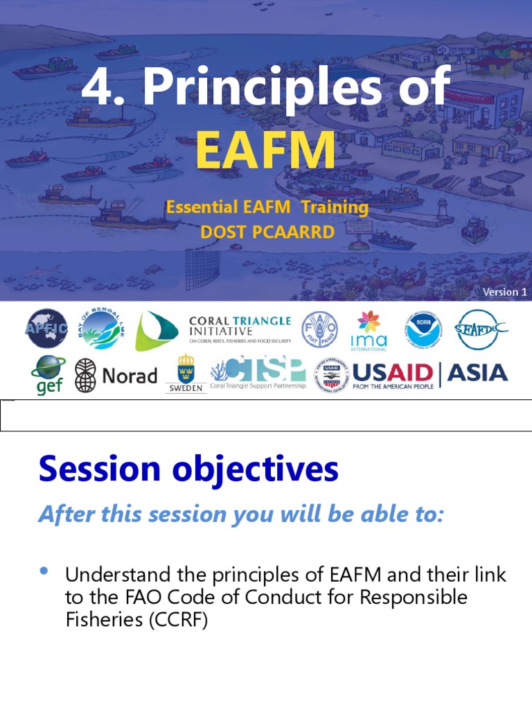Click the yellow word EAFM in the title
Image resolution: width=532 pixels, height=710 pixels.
(x=265, y=151)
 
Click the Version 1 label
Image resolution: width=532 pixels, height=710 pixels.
(x=505, y=292)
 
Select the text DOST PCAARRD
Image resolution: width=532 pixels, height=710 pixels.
(x=267, y=232)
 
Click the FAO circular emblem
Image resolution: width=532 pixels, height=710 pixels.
(x=319, y=329)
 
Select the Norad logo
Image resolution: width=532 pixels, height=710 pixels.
(x=116, y=376)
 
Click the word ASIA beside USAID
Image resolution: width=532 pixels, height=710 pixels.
(x=477, y=373)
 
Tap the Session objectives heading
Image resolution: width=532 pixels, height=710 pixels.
(x=188, y=469)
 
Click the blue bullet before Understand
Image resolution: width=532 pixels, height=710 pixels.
(x=45, y=571)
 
